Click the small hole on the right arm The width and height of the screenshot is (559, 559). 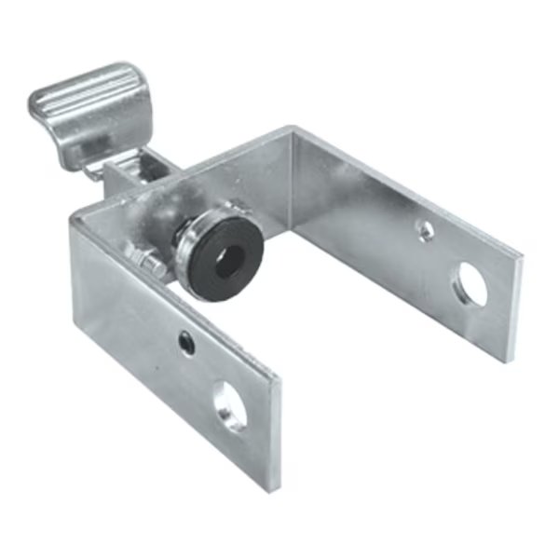425,227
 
